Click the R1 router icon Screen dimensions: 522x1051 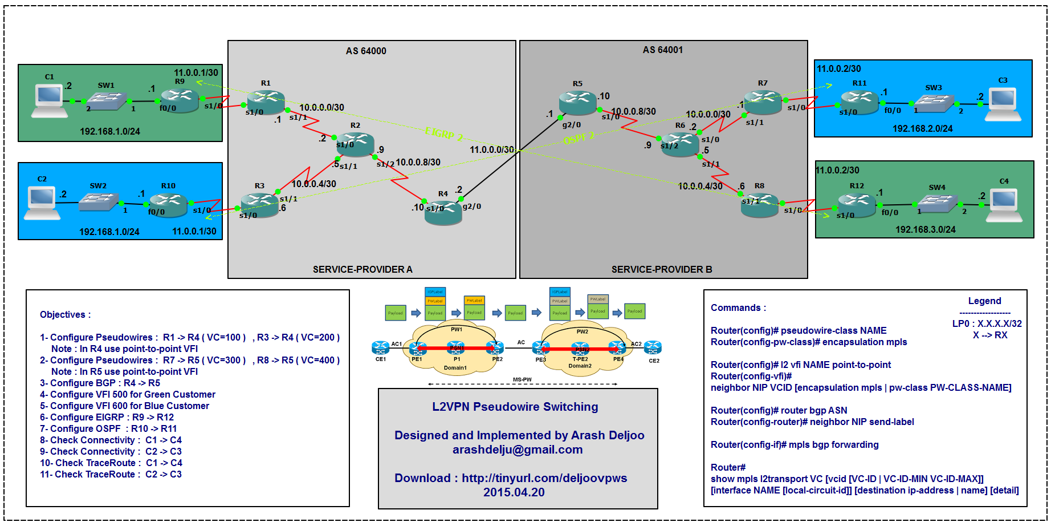(x=266, y=101)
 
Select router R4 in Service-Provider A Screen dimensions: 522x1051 (x=443, y=212)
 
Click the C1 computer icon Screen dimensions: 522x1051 (x=49, y=100)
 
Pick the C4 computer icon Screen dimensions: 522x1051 (x=1004, y=204)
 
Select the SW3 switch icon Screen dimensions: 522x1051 (x=934, y=103)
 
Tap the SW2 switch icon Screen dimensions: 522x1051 (x=98, y=201)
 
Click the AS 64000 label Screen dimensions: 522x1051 (x=366, y=51)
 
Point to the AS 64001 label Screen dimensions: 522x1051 (x=662, y=50)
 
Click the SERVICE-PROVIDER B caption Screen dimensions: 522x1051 (x=662, y=269)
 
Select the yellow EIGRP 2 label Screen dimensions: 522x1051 (x=443, y=134)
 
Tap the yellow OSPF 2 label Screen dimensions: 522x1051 (x=579, y=138)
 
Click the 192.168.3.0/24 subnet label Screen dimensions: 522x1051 (x=925, y=229)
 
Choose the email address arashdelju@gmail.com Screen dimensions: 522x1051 (x=518, y=450)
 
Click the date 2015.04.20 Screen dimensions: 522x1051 (x=514, y=492)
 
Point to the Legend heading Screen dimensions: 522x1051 (x=984, y=301)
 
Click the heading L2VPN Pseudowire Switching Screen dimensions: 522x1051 (x=515, y=407)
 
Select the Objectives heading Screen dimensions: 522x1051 (x=65, y=314)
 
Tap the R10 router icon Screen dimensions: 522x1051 (x=168, y=204)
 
